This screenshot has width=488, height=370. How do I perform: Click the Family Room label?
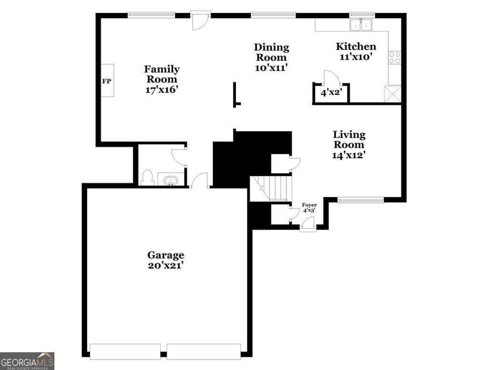pos(162,74)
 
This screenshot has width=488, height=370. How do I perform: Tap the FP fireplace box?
pos(107,81)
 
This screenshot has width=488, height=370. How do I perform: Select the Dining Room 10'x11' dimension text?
pos(271,68)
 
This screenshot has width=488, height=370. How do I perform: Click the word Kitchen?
pos(356,46)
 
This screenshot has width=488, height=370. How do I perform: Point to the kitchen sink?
pos(361,25)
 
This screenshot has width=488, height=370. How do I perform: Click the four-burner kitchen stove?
pos(395,58)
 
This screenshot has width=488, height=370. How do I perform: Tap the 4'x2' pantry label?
pos(332,92)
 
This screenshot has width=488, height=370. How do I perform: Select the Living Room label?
pos(349,140)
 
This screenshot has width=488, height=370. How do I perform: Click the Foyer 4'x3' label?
pos(309,207)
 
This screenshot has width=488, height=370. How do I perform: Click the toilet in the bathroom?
pos(147,178)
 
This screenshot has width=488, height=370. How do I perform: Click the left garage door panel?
pos(125,352)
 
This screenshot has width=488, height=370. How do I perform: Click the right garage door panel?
pos(203,352)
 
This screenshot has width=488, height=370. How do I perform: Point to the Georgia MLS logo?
pos(27,361)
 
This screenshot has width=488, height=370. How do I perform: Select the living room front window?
pos(360,200)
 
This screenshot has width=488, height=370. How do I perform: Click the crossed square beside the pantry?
pos(393,93)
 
